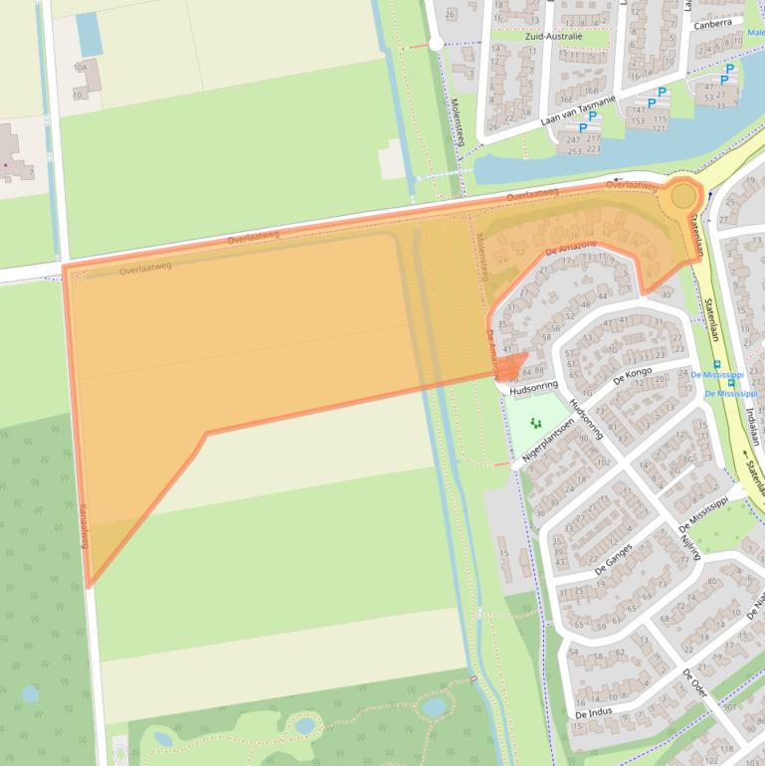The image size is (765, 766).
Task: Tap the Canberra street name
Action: click(x=713, y=24)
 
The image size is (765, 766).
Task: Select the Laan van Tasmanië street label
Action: click(x=580, y=110)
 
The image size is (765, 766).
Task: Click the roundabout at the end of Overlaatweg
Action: click(x=682, y=196)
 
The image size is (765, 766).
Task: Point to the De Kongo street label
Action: click(x=633, y=377)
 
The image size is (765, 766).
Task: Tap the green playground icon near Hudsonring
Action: click(x=536, y=424)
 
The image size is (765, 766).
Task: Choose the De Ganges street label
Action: click(x=614, y=555)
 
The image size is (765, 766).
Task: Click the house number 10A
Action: click(x=81, y=68)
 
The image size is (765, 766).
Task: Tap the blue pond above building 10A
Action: click(x=90, y=34)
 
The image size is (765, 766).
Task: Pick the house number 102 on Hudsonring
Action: click(x=603, y=462)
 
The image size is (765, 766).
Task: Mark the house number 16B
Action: click(x=565, y=98)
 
